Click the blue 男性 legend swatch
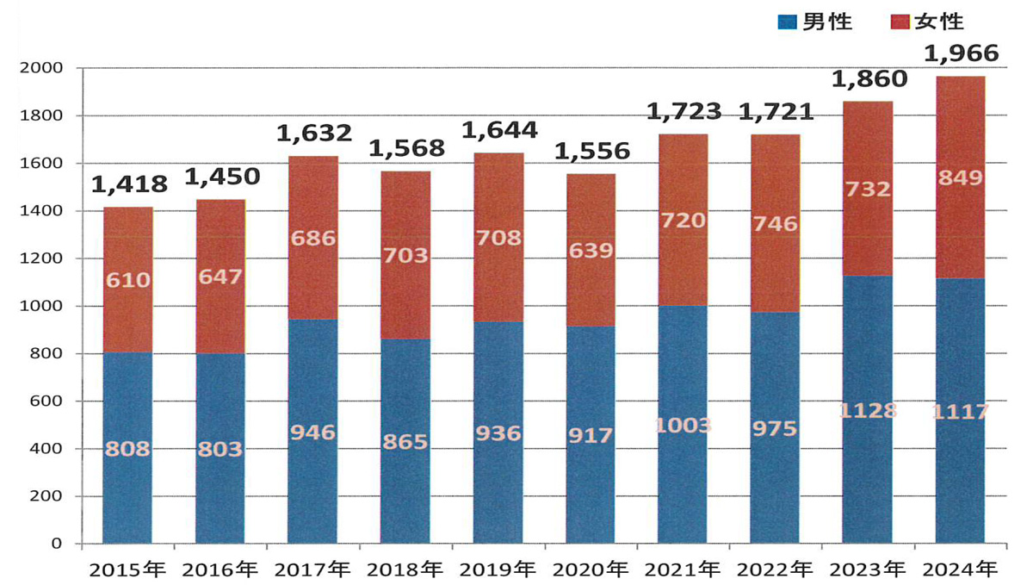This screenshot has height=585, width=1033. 786,22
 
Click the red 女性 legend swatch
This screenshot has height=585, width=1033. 894,22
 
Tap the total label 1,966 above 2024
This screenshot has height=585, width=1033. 961,54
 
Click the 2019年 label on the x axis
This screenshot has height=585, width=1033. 498,569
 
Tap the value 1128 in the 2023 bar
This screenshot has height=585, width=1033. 868,410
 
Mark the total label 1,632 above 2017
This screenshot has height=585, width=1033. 313,134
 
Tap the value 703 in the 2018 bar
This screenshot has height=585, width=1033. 405,255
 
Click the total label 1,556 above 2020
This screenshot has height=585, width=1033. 591,152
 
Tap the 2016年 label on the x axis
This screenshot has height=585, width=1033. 220,569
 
